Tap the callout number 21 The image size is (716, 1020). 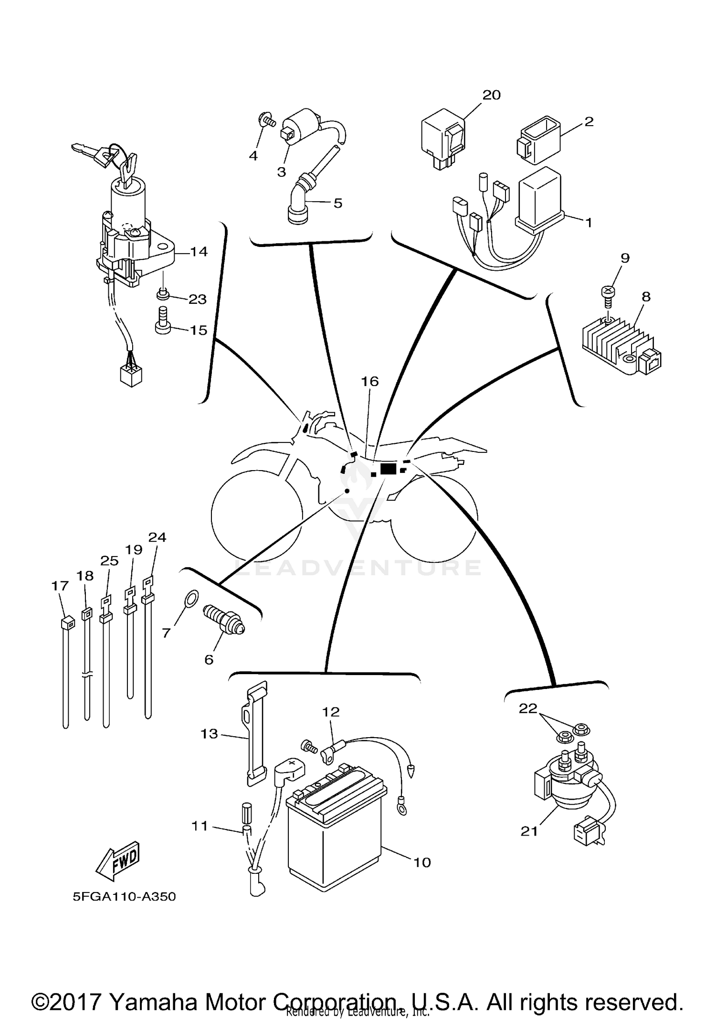[529, 831]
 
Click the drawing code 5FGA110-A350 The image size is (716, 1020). [124, 896]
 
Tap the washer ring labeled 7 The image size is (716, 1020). [190, 599]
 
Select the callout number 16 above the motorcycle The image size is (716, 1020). [369, 381]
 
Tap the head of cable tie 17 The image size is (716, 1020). [67, 623]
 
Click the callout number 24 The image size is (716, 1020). [157, 537]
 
